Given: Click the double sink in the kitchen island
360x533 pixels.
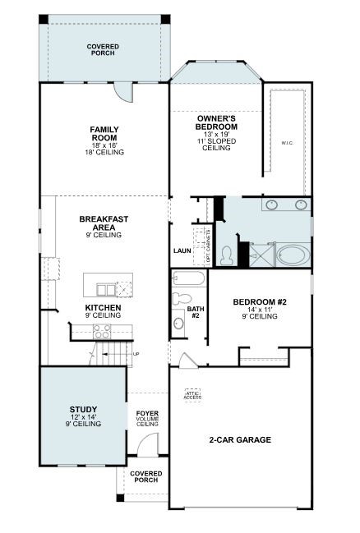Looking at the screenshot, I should coord(106,288).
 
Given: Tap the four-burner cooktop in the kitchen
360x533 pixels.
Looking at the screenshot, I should coord(102,331).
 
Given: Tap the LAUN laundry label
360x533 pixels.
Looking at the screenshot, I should coord(182,251).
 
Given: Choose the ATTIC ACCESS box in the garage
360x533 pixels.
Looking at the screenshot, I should coord(193,395).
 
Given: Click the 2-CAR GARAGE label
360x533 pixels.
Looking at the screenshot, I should coord(239,439).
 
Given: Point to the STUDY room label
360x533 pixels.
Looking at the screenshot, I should coord(83,409).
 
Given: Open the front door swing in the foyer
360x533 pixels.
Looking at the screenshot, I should coord(147,447).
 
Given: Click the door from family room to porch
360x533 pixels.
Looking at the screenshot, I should coord(122,91).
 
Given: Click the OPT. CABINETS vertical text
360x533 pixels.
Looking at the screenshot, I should coord(208,246).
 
